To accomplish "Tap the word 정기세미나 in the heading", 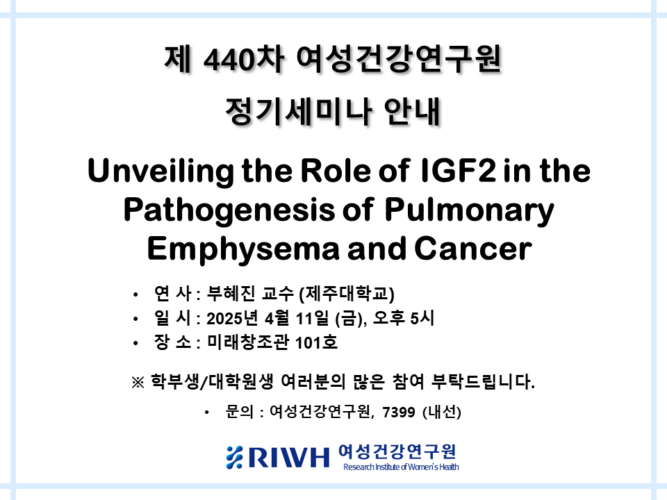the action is pyautogui.click(x=299, y=112).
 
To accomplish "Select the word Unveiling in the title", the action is pyautogui.click(x=160, y=172).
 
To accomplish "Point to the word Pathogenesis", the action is pyautogui.click(x=229, y=210).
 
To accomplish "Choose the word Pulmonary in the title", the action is pyautogui.click(x=469, y=210).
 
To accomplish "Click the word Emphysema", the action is pyautogui.click(x=243, y=249).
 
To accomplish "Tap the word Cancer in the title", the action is pyautogui.click(x=472, y=249).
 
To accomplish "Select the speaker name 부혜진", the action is pyautogui.click(x=231, y=293).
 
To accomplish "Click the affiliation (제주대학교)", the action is pyautogui.click(x=347, y=294).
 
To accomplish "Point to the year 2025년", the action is pyautogui.click(x=232, y=318).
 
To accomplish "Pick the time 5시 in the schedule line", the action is pyautogui.click(x=422, y=318).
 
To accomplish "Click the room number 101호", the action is pyautogui.click(x=316, y=342).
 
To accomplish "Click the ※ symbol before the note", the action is pyautogui.click(x=138, y=382).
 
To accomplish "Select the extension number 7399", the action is pyautogui.click(x=399, y=412).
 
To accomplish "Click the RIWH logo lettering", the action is pyautogui.click(x=289, y=457).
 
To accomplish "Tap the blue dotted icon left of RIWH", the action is pyautogui.click(x=234, y=457).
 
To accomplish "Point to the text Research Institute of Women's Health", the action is pyautogui.click(x=401, y=467).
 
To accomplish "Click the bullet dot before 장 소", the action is pyautogui.click(x=135, y=343).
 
